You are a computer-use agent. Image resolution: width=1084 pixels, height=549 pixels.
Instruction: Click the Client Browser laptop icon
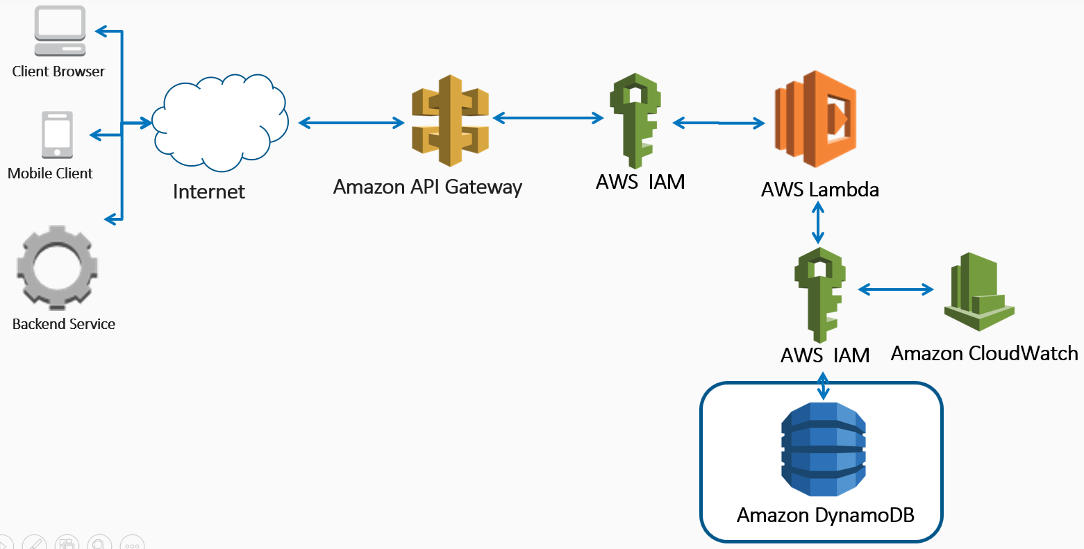click(60, 31)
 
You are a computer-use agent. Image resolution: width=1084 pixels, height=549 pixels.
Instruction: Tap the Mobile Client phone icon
click(57, 135)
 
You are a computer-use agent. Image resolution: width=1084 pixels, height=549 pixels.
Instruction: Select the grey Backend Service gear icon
click(57, 267)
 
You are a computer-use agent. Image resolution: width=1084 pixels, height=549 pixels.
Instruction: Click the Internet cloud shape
click(220, 123)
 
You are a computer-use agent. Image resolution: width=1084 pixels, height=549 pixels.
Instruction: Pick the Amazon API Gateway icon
click(450, 121)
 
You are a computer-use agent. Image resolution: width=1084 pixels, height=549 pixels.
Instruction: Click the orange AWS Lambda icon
click(815, 119)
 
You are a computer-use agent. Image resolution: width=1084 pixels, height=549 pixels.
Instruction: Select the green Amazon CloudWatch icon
click(979, 292)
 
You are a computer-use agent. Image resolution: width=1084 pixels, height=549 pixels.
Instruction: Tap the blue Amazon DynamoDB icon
click(823, 449)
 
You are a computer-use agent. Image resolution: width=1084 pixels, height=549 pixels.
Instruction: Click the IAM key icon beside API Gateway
click(635, 121)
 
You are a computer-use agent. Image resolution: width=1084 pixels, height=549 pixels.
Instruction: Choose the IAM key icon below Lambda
click(820, 295)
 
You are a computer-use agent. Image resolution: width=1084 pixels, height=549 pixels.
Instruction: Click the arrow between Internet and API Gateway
click(351, 123)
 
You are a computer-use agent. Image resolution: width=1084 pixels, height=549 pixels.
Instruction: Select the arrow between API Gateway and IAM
click(548, 117)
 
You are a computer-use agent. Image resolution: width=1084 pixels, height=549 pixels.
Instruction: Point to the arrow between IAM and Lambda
click(719, 124)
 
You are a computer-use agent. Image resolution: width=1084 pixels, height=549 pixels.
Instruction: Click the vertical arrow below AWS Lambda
click(818, 223)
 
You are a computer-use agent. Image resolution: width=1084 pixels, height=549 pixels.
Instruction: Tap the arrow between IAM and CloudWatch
click(896, 289)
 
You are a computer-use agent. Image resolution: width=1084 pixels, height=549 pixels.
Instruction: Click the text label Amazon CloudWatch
click(984, 353)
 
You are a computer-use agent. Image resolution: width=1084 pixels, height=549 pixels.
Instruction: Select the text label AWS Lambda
click(820, 189)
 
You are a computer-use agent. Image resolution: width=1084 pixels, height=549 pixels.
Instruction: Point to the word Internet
click(208, 192)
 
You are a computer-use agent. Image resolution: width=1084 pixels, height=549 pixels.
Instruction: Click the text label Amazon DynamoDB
click(825, 515)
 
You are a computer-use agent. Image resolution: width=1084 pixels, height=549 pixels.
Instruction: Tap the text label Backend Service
click(63, 323)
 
